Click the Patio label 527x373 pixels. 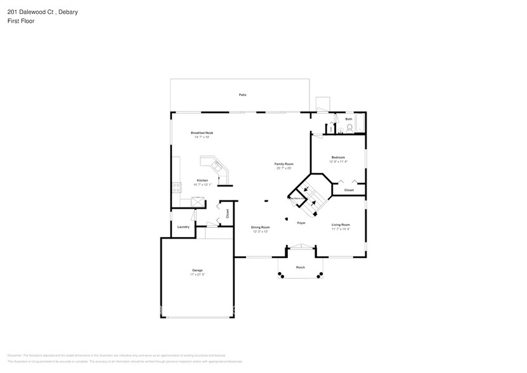242,95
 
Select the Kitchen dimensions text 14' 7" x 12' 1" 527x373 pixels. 202,185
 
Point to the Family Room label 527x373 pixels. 284,164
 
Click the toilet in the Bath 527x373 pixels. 349,129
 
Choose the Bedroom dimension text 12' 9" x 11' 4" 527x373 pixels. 338,162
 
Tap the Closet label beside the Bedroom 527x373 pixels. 349,190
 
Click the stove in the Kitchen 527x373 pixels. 175,187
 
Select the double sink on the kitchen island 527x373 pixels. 218,168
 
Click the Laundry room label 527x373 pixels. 183,226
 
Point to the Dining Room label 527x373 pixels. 260,227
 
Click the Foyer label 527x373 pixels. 301,223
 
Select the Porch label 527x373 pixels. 301,267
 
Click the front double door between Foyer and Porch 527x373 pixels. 301,247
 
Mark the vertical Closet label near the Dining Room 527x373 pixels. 227,213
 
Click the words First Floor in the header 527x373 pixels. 21,22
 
